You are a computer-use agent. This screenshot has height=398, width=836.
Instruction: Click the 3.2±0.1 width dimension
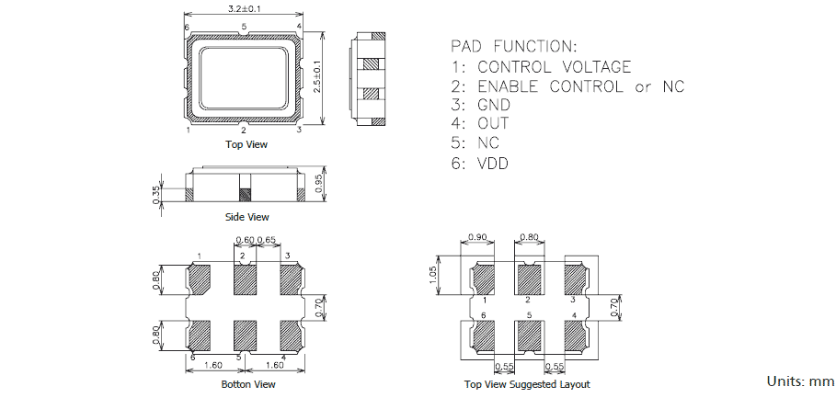pos(244,8)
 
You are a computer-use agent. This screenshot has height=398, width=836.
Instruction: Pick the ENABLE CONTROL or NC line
pos(567,86)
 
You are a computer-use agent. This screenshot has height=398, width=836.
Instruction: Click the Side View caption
pos(246,217)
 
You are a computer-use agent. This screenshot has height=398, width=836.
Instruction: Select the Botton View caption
pos(248,384)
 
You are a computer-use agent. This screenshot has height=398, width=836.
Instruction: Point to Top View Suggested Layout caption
pos(527,384)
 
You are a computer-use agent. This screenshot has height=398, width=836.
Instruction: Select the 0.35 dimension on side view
pos(157,196)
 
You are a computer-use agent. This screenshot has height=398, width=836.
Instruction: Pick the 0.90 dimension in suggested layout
pos(478,237)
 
